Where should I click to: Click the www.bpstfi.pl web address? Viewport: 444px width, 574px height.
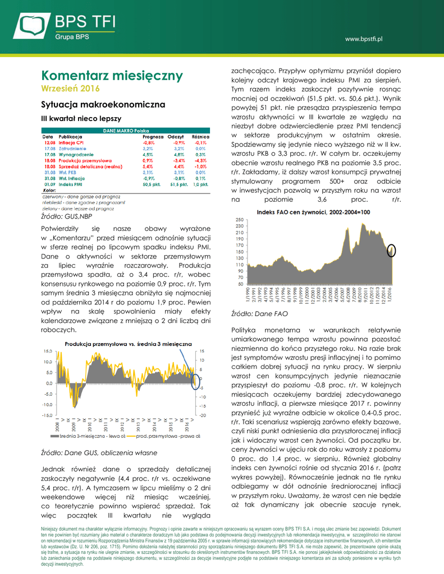[363, 39]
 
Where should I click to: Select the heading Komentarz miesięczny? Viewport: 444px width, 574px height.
[112, 76]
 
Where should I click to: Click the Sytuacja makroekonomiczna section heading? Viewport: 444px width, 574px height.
[103, 105]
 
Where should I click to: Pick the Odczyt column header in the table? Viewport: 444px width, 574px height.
[176, 137]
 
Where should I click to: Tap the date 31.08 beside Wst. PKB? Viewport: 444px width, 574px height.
[49, 173]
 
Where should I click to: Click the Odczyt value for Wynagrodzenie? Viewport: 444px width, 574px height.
[176, 155]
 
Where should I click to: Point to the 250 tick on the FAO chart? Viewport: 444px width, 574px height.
[239, 220]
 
